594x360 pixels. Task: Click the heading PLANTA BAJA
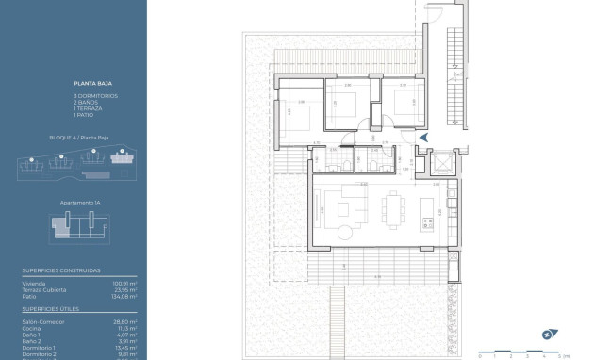(86, 83)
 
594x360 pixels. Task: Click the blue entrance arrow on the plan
(423, 139)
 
